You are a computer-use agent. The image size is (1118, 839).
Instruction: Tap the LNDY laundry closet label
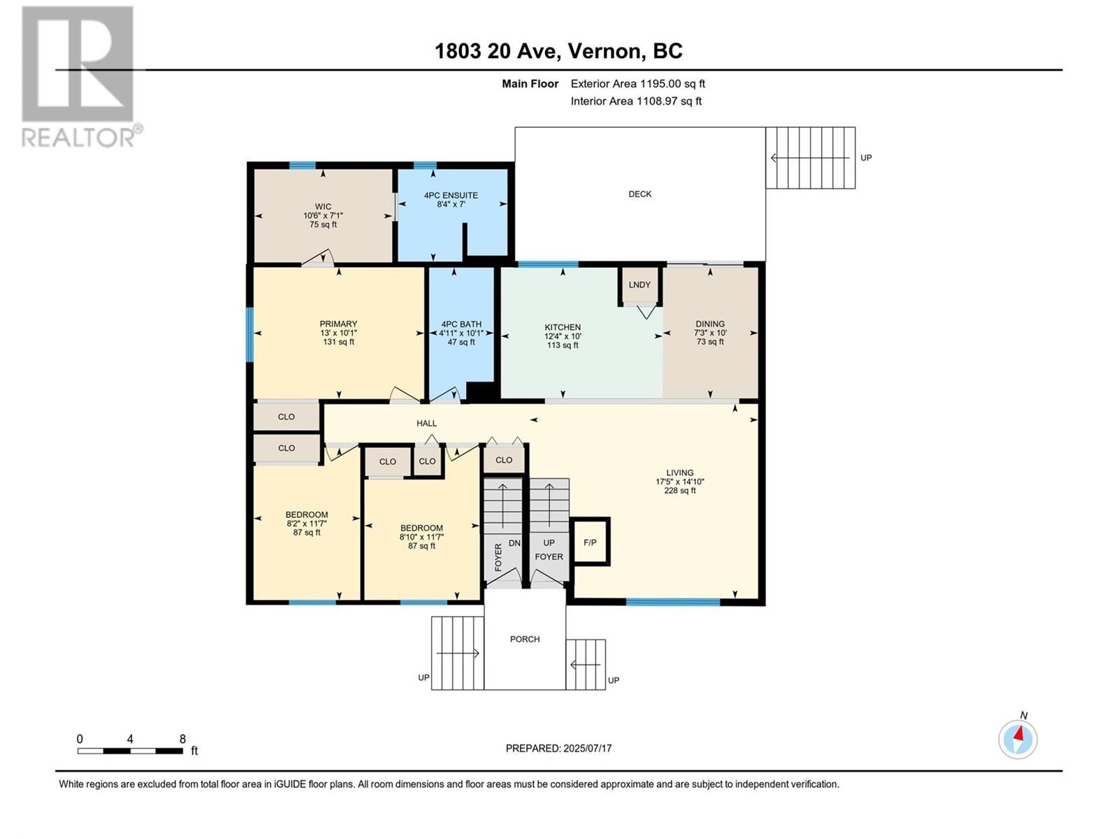point(639,285)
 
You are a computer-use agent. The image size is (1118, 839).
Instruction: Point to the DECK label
point(640,194)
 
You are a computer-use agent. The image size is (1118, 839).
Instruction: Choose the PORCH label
point(525,639)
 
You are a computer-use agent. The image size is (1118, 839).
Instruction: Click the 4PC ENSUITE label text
point(451,196)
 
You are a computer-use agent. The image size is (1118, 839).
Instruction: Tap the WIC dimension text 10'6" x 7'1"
point(323,215)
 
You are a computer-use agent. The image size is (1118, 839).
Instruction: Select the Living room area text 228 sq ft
point(679,491)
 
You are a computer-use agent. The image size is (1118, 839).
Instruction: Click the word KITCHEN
point(562,327)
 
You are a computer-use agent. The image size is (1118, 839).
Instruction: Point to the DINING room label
point(710,324)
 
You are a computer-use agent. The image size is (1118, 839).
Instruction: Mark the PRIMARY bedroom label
point(338,324)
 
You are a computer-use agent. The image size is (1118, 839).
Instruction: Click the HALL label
point(426,423)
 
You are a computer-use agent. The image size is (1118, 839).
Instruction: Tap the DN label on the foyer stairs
point(514,543)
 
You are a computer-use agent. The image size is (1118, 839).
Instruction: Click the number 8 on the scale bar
point(182,738)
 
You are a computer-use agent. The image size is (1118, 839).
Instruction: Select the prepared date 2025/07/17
point(587,748)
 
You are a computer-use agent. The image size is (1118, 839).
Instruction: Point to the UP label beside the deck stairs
point(866,158)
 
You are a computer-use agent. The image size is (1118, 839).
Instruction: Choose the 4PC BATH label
point(461,324)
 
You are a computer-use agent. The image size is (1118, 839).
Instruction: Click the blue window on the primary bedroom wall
point(250,334)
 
